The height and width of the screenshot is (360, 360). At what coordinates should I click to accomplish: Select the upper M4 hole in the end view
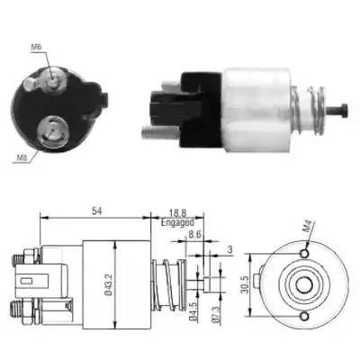pos(304,255)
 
